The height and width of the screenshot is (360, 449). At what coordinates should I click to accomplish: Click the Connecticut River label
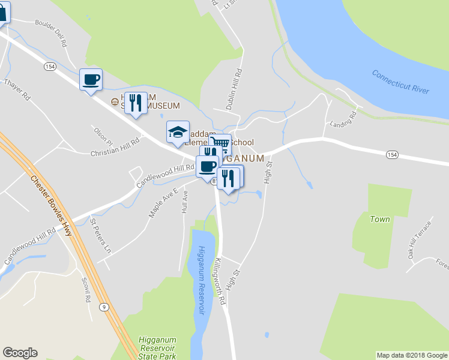(400, 81)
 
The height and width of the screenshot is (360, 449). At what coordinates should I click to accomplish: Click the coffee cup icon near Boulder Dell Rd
(91, 80)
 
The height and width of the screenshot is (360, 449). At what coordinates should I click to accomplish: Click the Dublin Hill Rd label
(234, 89)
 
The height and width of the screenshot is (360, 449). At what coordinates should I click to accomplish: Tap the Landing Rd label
(344, 119)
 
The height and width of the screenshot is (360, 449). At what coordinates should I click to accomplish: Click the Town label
(380, 220)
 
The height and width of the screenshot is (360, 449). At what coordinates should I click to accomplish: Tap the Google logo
(20, 353)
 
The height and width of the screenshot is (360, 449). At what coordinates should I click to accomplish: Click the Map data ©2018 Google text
(411, 355)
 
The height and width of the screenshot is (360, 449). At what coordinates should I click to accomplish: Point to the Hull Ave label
(185, 202)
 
